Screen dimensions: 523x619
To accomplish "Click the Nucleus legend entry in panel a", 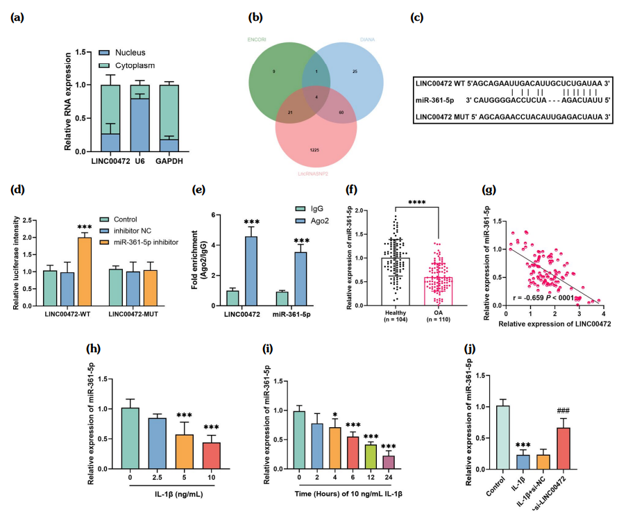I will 130,52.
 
